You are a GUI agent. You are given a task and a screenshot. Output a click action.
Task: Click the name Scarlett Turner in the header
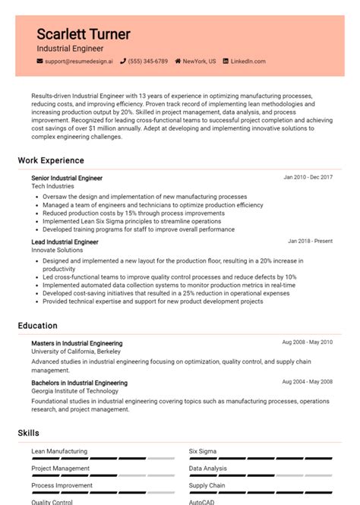coord(84,34)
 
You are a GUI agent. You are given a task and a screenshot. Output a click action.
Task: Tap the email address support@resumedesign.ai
coord(78,61)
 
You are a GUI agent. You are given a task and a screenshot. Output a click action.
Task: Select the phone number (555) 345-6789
coord(148,61)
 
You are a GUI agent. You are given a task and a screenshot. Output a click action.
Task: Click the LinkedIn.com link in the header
coord(248,61)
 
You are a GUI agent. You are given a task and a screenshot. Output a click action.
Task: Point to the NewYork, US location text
coord(199,61)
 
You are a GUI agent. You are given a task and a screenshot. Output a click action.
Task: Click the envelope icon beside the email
coord(39,61)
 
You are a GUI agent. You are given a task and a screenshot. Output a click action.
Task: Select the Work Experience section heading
coord(51,161)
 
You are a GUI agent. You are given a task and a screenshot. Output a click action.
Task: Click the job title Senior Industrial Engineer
coord(67,178)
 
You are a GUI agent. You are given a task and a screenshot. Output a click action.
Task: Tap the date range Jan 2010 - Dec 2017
coord(308,177)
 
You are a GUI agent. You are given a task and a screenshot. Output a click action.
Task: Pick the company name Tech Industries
coord(52,186)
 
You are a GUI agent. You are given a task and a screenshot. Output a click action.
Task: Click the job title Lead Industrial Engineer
coord(65,242)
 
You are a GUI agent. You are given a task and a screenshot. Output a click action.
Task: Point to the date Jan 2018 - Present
coord(310,241)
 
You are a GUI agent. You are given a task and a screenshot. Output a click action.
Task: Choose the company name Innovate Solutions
coord(57,251)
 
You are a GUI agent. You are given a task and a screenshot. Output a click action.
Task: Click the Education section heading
coord(38,326)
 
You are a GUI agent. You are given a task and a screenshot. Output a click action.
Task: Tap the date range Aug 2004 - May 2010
coord(307,381)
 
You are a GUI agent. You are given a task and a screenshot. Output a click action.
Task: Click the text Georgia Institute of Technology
coord(75,391)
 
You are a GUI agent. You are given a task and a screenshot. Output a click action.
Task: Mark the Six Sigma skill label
coord(203,451)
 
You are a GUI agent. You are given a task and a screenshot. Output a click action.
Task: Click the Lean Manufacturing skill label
coord(59,451)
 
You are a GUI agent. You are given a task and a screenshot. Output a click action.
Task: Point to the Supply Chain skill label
coord(207,485)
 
